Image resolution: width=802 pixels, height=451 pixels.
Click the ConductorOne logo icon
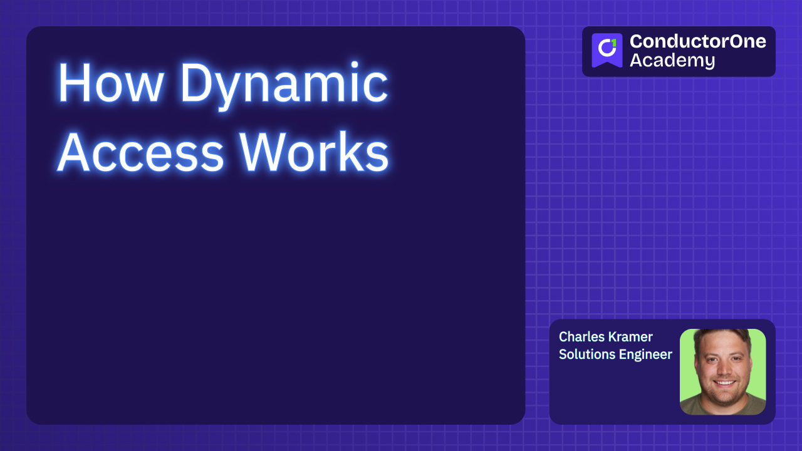pos(607,50)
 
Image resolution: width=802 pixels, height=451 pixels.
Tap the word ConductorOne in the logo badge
pos(697,42)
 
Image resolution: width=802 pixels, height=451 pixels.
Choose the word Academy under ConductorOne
pos(672,61)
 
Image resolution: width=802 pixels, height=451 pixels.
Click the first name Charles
pos(583,337)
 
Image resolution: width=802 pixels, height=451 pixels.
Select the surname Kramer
pos(633,337)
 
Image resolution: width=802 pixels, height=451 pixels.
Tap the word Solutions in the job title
pos(586,355)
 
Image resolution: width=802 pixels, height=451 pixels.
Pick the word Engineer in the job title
pos(645,355)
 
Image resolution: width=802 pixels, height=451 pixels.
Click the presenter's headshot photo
pos(722,371)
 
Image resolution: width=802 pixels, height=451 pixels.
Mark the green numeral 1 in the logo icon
pos(613,43)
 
